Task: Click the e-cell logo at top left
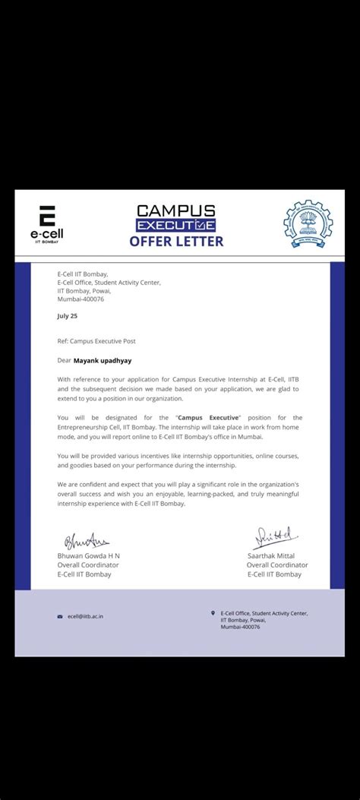(47, 223)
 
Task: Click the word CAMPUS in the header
(175, 210)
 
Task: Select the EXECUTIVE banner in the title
(175, 226)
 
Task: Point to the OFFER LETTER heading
(176, 242)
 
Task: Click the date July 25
(67, 315)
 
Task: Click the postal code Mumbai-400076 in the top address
(81, 299)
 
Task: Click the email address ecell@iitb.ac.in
(85, 616)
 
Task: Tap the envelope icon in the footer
(60, 616)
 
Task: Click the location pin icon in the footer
(213, 612)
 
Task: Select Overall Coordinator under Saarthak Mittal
(277, 565)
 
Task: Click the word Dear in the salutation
(64, 361)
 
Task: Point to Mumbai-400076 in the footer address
(240, 627)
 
